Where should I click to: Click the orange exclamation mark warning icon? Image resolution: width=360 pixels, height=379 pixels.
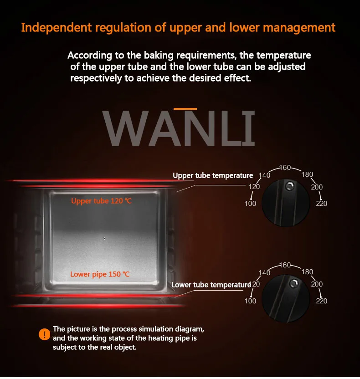44,334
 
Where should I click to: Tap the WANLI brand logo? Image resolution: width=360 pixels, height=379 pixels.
179,128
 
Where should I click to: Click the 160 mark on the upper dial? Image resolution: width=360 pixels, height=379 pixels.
285,168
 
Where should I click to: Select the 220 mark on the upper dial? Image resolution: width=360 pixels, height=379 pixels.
322,204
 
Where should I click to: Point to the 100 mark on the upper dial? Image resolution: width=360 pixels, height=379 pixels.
250,204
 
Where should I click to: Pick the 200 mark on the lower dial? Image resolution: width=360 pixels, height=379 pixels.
317,284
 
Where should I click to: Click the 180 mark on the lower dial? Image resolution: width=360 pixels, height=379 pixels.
307,272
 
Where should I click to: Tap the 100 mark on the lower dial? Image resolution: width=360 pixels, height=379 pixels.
250,301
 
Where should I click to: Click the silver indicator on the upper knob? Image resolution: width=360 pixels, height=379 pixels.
289,186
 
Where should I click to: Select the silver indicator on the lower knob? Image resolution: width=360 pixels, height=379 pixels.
294,283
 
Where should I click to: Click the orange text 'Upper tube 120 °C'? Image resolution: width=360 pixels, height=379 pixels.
101,201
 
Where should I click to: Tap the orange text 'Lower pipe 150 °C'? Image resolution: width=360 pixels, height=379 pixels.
100,274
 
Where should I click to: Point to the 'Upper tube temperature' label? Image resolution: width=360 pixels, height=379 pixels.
213,175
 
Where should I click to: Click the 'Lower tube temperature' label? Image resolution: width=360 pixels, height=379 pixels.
211,285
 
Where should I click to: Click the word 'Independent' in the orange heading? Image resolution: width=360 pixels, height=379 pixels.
57,27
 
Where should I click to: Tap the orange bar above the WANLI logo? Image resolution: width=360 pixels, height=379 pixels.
185,109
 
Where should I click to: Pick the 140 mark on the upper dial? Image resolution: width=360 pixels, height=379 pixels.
264,175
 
